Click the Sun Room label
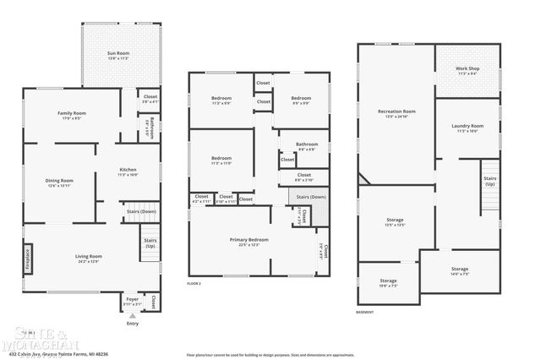pyautogui.click(x=117, y=54)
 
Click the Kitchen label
pyautogui.click(x=128, y=171)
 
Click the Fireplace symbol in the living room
pyautogui.click(x=27, y=255)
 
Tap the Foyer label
pyautogui.click(x=133, y=300)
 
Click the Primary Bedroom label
pyautogui.click(x=249, y=241)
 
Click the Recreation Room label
pyautogui.click(x=396, y=112)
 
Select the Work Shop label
pyautogui.click(x=467, y=70)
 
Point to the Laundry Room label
pyautogui.click(x=467, y=127)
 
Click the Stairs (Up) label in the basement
pyautogui.click(x=489, y=180)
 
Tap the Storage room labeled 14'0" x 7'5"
pyautogui.click(x=459, y=270)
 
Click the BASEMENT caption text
pyautogui.click(x=366, y=312)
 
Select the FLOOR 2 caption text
pyautogui.click(x=194, y=284)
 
